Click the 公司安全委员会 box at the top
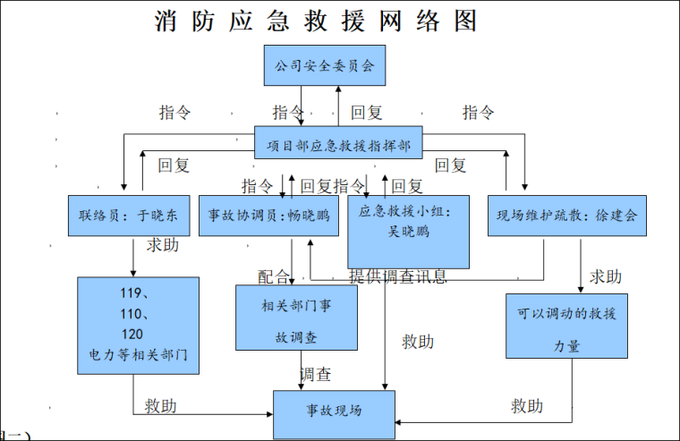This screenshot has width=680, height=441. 324,66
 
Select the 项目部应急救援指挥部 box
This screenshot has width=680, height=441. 338,145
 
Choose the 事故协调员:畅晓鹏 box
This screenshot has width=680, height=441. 268,216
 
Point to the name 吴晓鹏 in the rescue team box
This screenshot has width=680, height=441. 408,231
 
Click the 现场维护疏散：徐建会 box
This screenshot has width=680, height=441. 566,216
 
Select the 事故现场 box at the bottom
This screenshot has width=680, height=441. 333,411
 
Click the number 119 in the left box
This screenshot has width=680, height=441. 130,293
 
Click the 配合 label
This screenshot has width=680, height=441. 274,276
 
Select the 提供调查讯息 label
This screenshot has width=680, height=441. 397,276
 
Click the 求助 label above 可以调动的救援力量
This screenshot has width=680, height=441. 606,276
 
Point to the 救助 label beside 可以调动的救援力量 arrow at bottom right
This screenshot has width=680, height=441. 527,405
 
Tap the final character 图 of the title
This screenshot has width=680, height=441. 465,21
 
